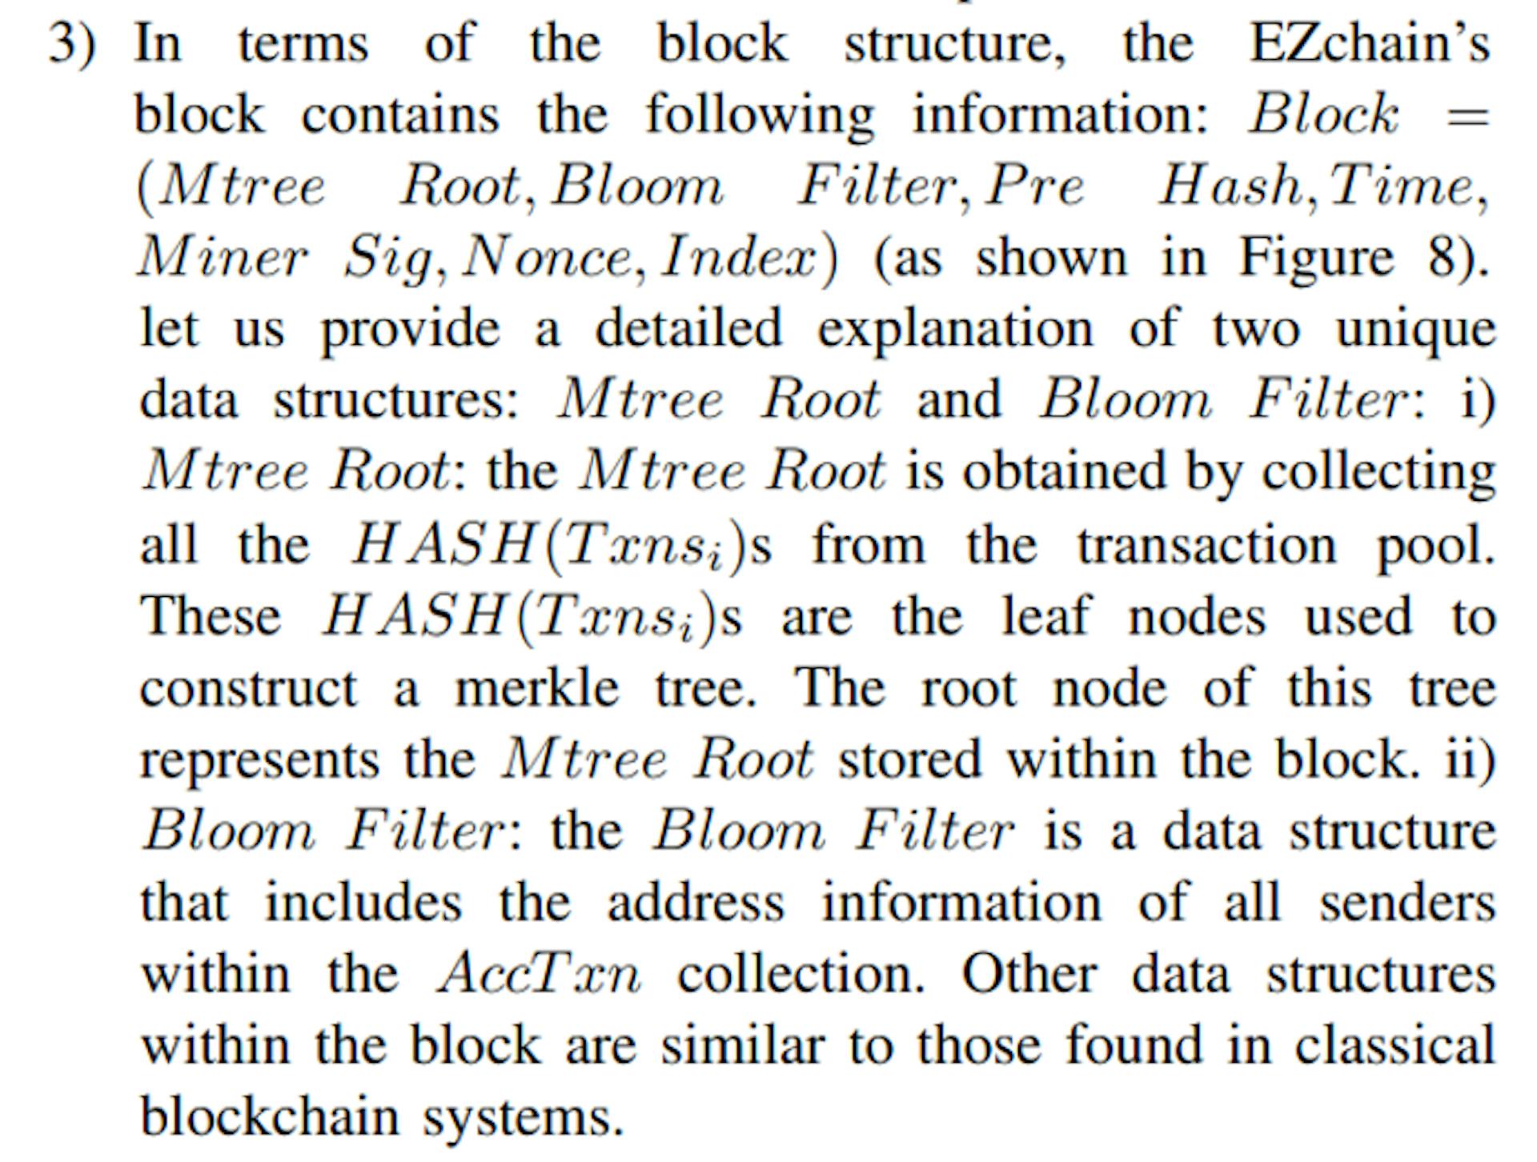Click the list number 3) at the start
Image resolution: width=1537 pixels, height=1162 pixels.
pyautogui.click(x=72, y=43)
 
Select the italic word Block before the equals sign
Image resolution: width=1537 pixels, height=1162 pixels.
pyautogui.click(x=1323, y=114)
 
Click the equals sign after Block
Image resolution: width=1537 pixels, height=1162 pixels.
pyautogui.click(x=1467, y=116)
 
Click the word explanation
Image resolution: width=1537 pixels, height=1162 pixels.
pyautogui.click(x=955, y=330)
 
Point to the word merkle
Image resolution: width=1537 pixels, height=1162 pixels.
pyautogui.click(x=536, y=687)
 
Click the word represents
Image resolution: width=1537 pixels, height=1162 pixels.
pyautogui.click(x=259, y=760)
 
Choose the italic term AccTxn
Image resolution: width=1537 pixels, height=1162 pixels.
pyautogui.click(x=539, y=974)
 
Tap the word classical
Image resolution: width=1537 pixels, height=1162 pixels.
pyautogui.click(x=1395, y=1044)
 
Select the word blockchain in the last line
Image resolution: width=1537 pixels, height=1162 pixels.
pyautogui.click(x=269, y=1116)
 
